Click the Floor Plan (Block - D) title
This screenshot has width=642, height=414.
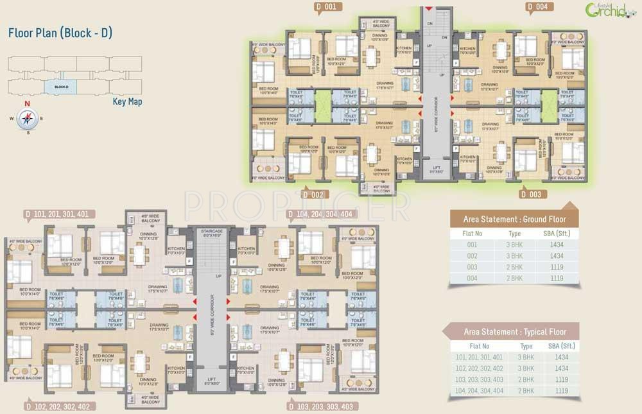(60, 33)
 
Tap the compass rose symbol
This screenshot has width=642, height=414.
(27, 117)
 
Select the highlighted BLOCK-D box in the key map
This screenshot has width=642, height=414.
(60, 86)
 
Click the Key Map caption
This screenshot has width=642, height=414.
(126, 101)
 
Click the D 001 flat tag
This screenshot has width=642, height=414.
(326, 7)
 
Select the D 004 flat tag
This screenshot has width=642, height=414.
(537, 7)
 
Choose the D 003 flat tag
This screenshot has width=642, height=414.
(531, 194)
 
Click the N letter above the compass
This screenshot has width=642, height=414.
(27, 103)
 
